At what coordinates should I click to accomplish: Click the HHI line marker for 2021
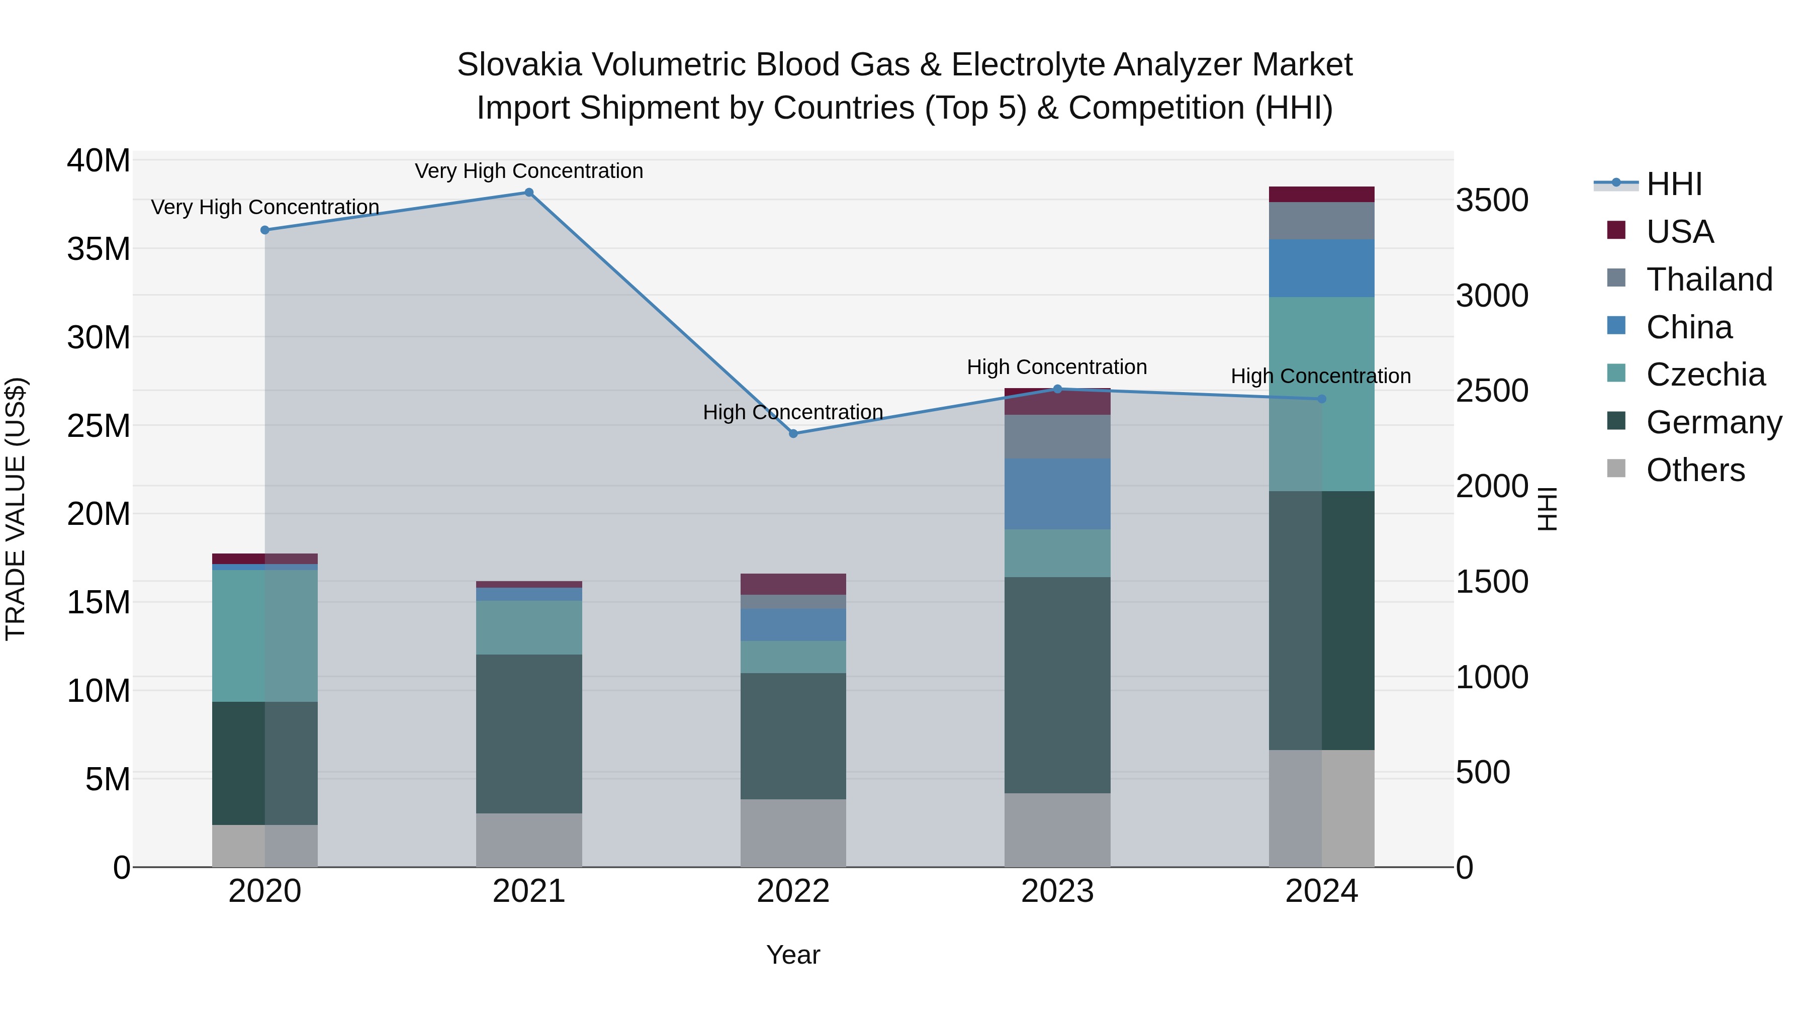[x=529, y=193]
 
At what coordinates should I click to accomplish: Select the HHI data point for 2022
[x=793, y=433]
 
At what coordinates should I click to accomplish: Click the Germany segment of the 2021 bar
[x=529, y=733]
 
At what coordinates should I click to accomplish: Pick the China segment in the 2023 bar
[x=1057, y=494]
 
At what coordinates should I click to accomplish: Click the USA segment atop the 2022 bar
[x=793, y=584]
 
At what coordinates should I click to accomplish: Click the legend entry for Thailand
[x=1709, y=280]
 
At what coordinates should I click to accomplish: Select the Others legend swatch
[x=1616, y=469]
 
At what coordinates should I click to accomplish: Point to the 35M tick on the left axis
[x=99, y=249]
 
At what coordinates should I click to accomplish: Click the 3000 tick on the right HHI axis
[x=1492, y=296]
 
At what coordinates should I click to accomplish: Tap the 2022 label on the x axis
[x=793, y=891]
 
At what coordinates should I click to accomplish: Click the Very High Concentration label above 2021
[x=529, y=171]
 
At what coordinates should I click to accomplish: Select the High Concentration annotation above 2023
[x=1057, y=367]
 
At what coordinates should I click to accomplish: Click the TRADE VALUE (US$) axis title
[x=16, y=509]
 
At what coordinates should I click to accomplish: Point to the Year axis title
[x=793, y=955]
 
